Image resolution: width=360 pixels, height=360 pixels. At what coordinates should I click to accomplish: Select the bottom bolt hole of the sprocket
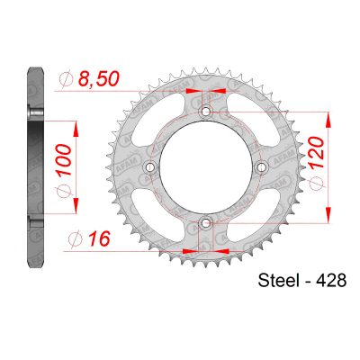205,221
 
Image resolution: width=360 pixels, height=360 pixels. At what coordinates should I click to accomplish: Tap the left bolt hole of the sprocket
150,166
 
